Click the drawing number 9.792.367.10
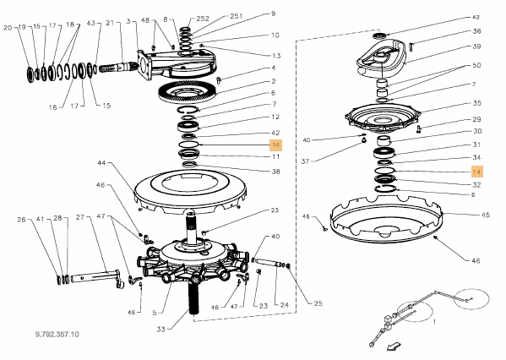coord(57,334)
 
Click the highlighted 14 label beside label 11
coord(275,145)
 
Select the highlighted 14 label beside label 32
coord(477,172)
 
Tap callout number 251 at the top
coord(237,16)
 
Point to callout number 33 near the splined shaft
coord(161,329)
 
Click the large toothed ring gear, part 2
coord(188,92)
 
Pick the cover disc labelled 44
coord(190,191)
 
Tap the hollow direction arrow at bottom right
coord(394,346)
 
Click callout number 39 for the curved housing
coord(476,46)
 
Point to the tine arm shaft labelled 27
coord(97,276)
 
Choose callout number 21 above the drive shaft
coord(111,23)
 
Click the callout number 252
coord(203,19)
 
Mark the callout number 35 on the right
coord(477,103)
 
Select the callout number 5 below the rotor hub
coord(155,313)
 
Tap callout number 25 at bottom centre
coord(318,303)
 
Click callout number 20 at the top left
coord(8,28)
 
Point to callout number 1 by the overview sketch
coord(434,322)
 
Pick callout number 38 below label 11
coord(275,172)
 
